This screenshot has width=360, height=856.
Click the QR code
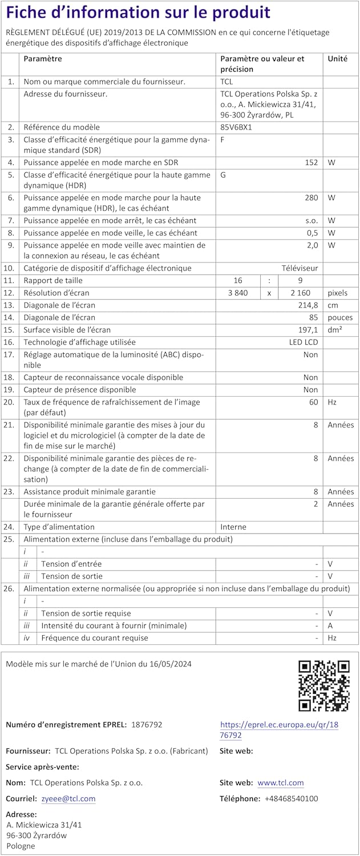tap(324, 685)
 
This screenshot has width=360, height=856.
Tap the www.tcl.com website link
tap(281, 782)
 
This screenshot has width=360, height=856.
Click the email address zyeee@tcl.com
tap(68, 798)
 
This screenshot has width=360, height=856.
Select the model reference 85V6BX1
tap(236, 127)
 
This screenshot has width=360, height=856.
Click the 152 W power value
tap(311, 163)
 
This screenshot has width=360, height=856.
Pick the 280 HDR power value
tap(311, 197)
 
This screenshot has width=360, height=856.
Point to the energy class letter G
tap(223, 175)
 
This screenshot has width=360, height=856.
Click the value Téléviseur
tap(300, 268)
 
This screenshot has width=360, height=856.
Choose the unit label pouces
tap(340, 317)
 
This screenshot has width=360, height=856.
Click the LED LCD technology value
tap(303, 342)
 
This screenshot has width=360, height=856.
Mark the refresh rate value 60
tap(313, 402)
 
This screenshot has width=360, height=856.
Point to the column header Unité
tap(337, 59)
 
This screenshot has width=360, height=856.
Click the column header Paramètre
tap(43, 59)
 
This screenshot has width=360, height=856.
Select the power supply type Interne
tap(234, 527)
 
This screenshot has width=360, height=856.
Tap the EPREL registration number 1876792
tap(147, 724)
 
